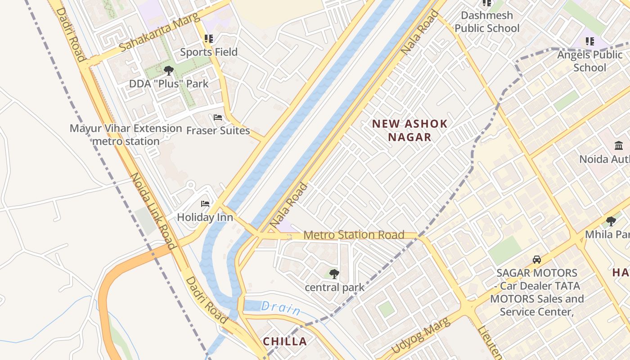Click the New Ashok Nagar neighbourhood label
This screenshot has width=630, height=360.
click(409, 130)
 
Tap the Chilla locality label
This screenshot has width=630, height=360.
click(285, 342)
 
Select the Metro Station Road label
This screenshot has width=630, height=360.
click(354, 235)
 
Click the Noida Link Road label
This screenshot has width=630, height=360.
click(153, 211)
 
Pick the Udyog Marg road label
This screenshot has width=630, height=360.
click(420, 336)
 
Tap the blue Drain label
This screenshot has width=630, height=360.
click(281, 308)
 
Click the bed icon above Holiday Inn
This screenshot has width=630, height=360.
click(205, 204)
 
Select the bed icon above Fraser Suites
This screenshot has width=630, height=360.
click(218, 117)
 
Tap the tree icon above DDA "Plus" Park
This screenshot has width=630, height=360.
click(169, 70)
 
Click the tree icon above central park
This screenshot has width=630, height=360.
click(334, 274)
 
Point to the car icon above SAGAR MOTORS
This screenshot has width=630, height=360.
click(536, 260)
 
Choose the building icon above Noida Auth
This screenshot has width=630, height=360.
click(618, 146)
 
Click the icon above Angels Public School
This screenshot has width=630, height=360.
click(589, 41)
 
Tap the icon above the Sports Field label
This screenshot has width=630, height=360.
click(208, 39)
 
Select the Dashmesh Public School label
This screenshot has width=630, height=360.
click(487, 22)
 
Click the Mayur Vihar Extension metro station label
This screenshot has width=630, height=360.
click(126, 135)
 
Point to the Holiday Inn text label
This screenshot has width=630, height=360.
click(205, 217)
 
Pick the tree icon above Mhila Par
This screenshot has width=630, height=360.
click(611, 221)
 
